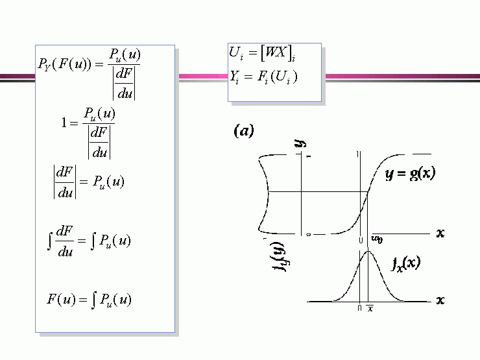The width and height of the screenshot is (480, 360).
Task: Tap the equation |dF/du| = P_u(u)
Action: click(x=88, y=182)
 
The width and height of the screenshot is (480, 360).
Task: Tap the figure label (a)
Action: click(x=243, y=132)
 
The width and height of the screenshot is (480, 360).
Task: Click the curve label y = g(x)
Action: click(x=411, y=173)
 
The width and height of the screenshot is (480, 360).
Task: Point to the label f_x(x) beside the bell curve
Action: click(x=406, y=263)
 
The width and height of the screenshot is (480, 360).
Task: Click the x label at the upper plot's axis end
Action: click(x=440, y=232)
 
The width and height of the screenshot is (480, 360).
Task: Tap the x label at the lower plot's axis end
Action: click(x=440, y=300)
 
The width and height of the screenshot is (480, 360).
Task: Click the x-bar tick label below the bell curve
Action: click(x=370, y=308)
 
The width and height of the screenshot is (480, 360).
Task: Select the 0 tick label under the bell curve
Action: click(x=359, y=308)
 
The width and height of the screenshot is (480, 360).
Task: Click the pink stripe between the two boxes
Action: click(x=201, y=77)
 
